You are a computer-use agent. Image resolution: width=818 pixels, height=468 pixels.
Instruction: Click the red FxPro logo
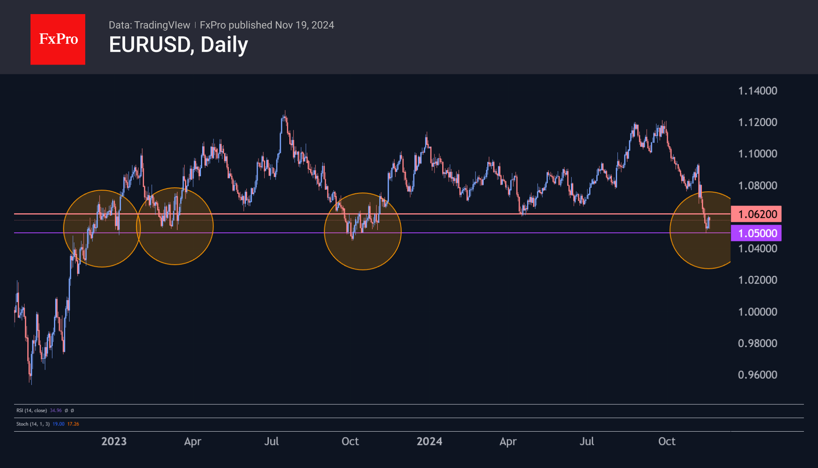[x=58, y=39]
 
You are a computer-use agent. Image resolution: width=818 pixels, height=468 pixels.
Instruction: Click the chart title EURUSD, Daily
[x=178, y=45]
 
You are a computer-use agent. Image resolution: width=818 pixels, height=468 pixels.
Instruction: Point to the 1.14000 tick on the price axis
[x=757, y=91]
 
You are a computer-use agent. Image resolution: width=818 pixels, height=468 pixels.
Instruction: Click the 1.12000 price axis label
[x=757, y=122]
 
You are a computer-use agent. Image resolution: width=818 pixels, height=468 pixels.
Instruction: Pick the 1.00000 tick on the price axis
[x=757, y=312]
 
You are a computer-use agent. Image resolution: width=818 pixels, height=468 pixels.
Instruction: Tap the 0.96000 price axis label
[x=757, y=375]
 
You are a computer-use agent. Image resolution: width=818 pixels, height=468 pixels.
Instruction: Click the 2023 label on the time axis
[x=114, y=441]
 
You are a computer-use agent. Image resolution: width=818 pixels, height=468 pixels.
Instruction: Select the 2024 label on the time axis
[x=429, y=441]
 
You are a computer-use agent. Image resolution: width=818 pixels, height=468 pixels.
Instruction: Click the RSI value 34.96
[x=56, y=410]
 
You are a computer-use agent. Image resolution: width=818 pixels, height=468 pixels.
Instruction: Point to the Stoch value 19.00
[x=59, y=424]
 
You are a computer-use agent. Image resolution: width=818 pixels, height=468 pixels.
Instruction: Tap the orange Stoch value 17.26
[x=73, y=424]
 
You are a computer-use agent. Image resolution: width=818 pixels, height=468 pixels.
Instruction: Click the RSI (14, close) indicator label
[x=32, y=410]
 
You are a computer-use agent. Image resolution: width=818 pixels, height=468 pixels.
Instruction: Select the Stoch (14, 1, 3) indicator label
[x=33, y=424]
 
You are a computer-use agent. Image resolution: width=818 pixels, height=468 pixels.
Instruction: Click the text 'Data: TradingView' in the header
[x=149, y=25]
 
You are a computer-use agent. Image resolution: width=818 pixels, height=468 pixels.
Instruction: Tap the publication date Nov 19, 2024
[x=305, y=25]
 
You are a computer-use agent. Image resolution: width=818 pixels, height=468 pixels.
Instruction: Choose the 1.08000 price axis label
[x=757, y=185]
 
